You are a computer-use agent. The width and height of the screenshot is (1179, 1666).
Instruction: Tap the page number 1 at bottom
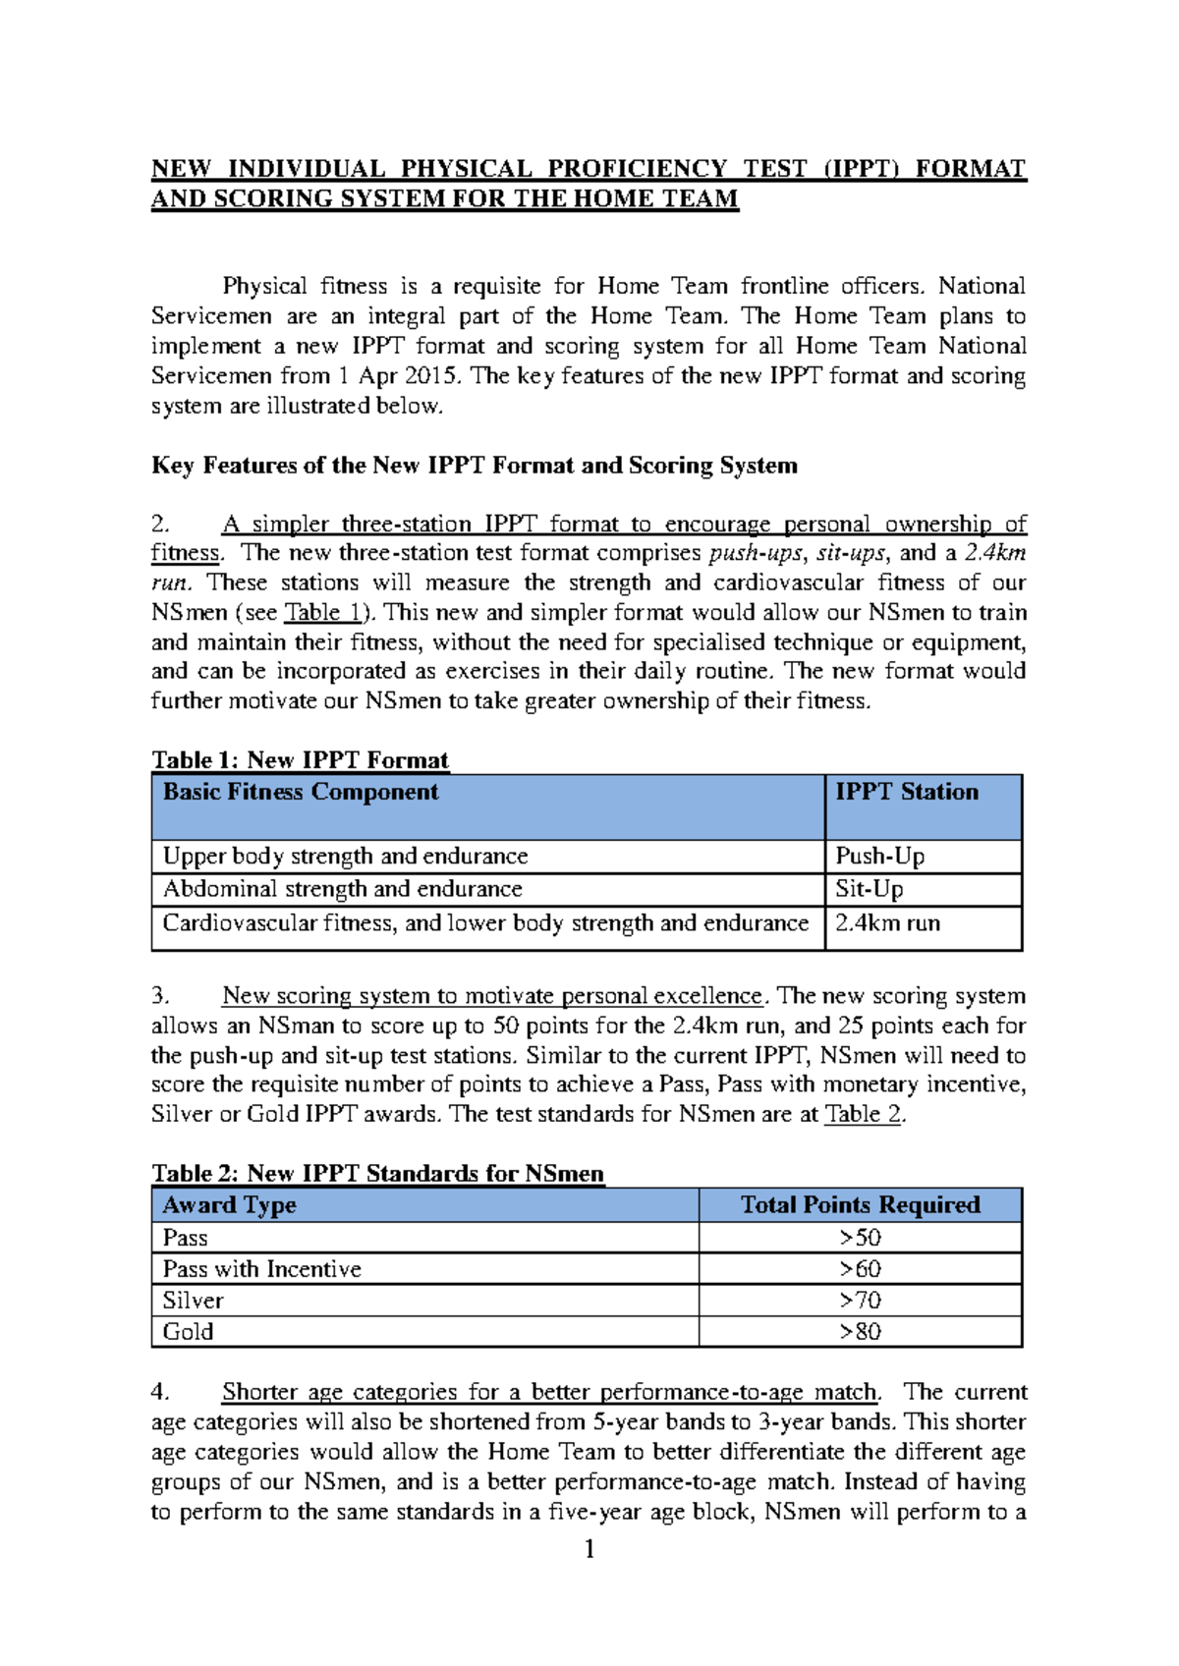click(589, 1550)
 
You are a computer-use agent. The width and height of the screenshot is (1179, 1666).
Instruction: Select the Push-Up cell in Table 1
click(879, 857)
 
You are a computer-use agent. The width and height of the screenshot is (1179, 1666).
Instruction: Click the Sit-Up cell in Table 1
click(870, 889)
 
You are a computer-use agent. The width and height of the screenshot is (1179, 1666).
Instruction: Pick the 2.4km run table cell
click(887, 923)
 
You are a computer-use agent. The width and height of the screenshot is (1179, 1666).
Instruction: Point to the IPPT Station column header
click(907, 793)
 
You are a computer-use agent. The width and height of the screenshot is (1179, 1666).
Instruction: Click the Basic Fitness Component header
click(301, 793)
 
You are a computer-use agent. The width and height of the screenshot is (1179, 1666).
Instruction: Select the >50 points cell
click(860, 1238)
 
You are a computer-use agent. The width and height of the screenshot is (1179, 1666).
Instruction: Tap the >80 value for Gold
click(860, 1332)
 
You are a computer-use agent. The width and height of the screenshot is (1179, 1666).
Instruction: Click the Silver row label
click(194, 1301)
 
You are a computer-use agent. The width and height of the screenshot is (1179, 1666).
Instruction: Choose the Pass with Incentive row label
click(262, 1269)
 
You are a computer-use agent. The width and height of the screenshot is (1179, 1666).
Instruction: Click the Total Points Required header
click(860, 1205)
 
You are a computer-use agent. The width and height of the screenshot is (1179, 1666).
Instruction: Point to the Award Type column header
click(229, 1205)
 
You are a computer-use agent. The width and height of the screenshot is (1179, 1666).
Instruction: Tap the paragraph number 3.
click(160, 996)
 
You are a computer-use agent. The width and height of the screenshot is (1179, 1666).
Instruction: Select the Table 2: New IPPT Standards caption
click(377, 1174)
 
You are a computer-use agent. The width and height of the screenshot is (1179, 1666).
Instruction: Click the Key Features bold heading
click(474, 466)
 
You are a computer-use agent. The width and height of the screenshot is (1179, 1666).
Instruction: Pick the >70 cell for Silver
click(860, 1301)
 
